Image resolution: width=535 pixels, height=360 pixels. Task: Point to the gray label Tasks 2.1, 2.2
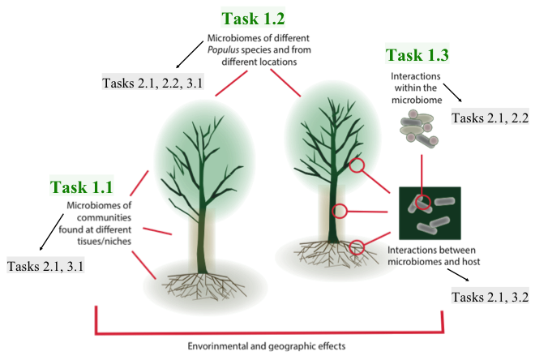(489, 118)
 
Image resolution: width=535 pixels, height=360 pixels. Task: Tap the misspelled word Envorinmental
(220, 344)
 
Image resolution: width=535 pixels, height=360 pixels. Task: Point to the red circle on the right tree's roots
(357, 245)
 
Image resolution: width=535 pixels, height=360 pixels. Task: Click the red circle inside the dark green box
(422, 202)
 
